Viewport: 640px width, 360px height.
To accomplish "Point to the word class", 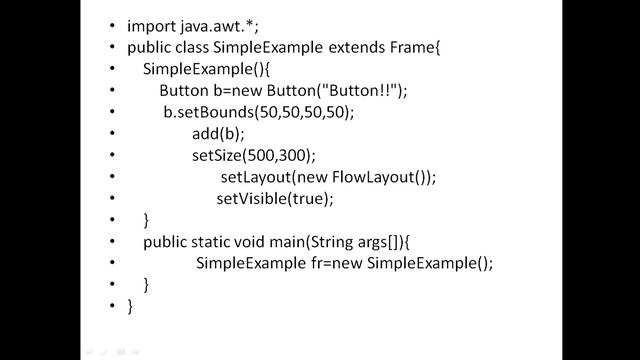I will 201,47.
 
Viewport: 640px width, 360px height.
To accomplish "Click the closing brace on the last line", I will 131,307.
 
